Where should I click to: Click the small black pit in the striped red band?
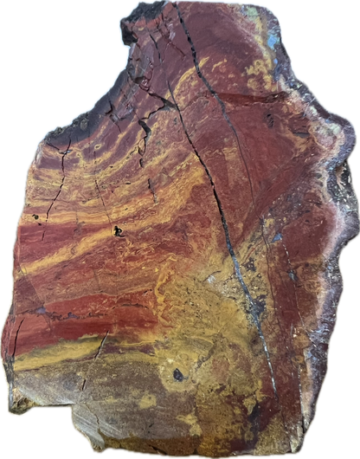118,231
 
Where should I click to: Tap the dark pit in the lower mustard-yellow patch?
178,374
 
